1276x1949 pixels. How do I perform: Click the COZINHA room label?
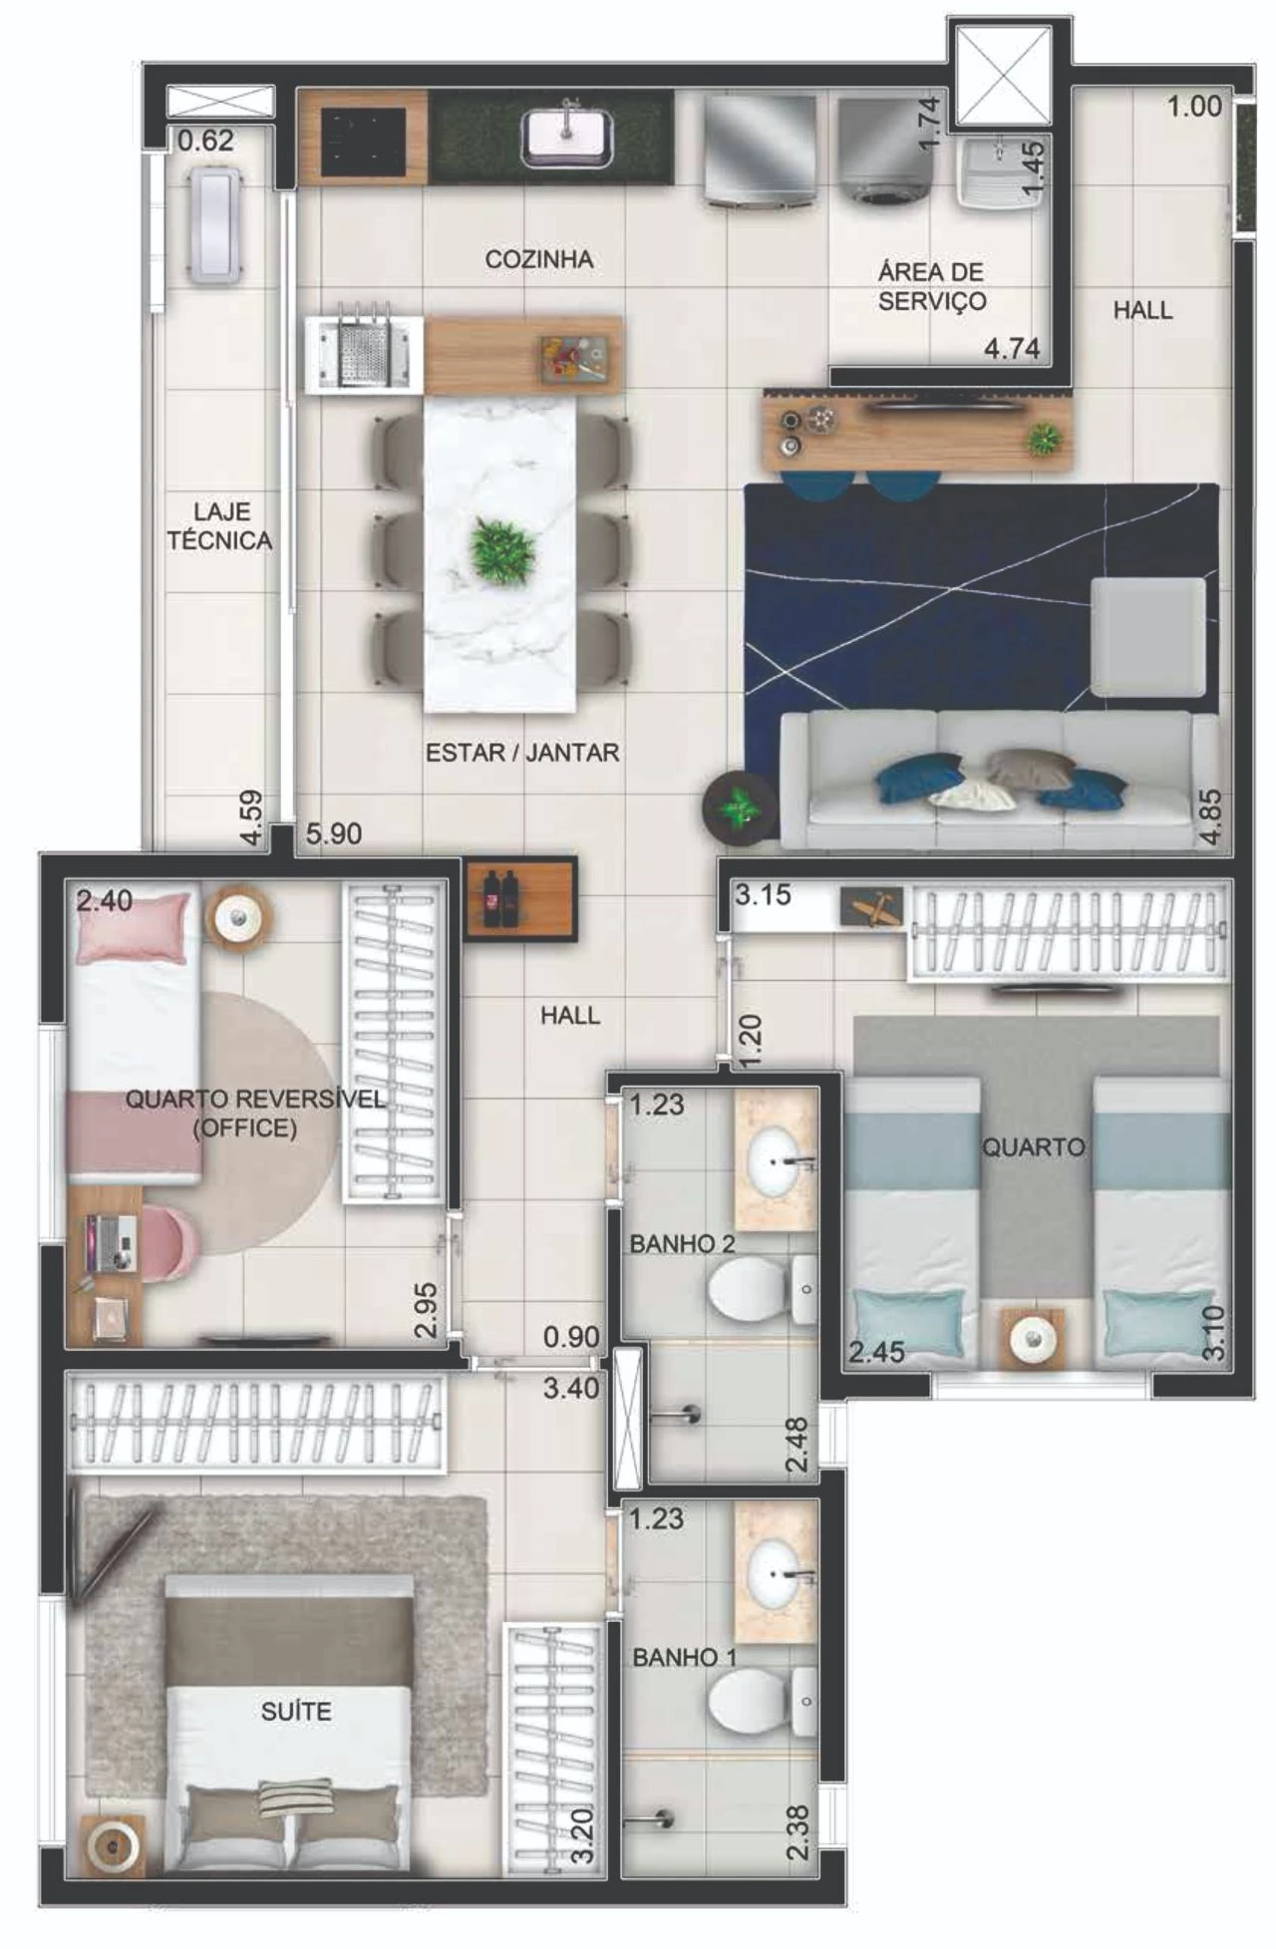click(538, 259)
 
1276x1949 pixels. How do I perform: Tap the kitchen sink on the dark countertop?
click(566, 135)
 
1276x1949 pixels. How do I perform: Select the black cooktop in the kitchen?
click(363, 137)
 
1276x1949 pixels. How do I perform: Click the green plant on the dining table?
click(504, 550)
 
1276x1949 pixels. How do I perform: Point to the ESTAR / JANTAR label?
click(522, 753)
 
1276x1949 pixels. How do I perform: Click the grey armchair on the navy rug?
click(1147, 637)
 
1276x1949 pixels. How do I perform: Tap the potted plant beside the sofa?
click(740, 808)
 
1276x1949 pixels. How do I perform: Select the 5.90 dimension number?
click(333, 833)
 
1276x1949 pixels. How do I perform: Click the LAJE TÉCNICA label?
click(219, 526)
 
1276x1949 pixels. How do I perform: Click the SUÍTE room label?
click(296, 1712)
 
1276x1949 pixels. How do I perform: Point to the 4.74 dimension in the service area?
click(1012, 349)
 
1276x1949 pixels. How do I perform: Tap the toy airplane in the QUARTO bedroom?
click(871, 908)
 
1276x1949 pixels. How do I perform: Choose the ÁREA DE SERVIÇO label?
click(932, 287)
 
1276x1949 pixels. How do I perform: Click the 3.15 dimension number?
click(763, 895)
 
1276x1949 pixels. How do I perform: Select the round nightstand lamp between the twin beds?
click(1033, 1335)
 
